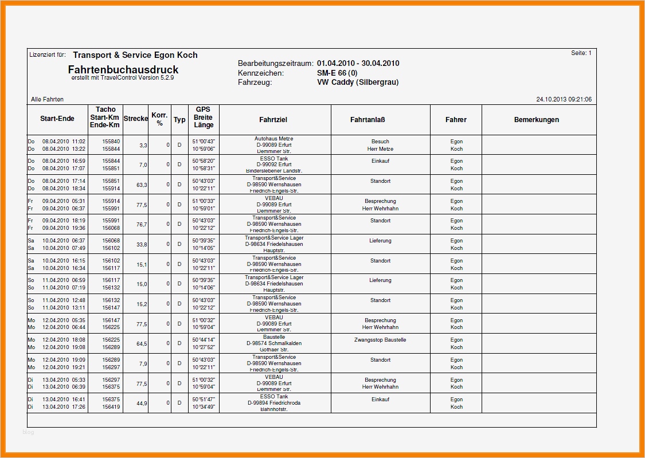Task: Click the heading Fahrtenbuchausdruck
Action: click(x=123, y=70)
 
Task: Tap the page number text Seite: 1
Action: click(x=581, y=53)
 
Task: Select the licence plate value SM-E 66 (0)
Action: click(x=337, y=73)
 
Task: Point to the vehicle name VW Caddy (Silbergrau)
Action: click(x=358, y=82)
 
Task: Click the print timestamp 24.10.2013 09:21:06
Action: click(x=564, y=99)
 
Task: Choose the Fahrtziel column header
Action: click(x=273, y=120)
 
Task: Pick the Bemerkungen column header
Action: click(x=536, y=120)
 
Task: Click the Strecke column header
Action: click(x=135, y=119)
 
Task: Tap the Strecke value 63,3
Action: click(x=142, y=185)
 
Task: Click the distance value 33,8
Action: click(x=142, y=245)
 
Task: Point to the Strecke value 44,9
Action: click(x=142, y=404)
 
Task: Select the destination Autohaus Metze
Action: click(x=273, y=139)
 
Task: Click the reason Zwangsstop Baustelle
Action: click(x=380, y=340)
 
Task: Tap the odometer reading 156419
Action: click(x=111, y=407)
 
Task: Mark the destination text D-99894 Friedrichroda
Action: click(x=273, y=403)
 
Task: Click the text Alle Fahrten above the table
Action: click(x=47, y=100)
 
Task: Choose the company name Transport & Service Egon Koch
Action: click(x=135, y=55)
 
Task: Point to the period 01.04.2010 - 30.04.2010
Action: click(x=358, y=64)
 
